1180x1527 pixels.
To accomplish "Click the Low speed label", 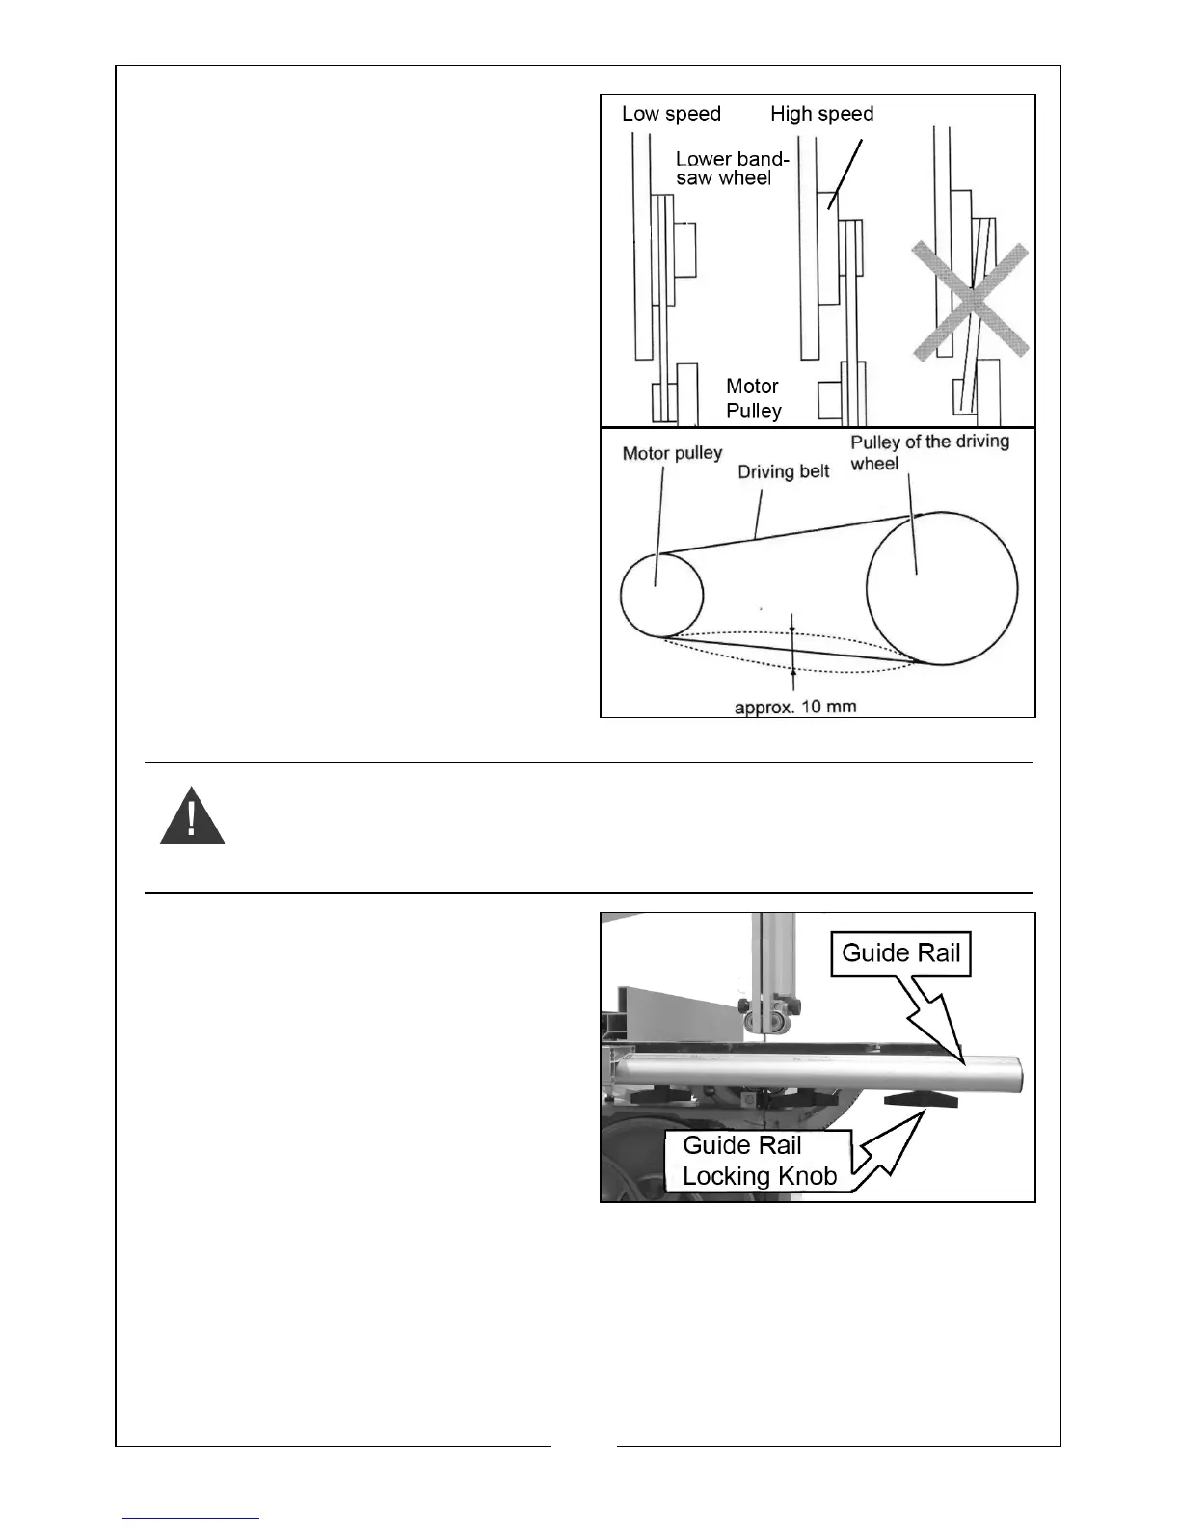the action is pos(671,114).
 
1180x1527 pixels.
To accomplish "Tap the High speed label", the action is pos(821,114).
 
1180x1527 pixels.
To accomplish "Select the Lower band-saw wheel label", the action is pos(732,168).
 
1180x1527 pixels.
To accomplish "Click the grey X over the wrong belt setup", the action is pos(971,302).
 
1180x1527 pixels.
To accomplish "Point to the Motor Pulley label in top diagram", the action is pos(753,398).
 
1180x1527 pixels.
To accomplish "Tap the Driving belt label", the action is pos(783,471).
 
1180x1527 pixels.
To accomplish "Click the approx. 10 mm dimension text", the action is pos(795,707).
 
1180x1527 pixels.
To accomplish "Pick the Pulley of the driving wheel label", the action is pos(928,452).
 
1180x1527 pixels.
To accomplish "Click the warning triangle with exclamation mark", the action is pos(192,817).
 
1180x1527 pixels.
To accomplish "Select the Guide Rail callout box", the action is pos(900,953).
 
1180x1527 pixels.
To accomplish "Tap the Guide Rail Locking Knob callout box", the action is pos(759,1161).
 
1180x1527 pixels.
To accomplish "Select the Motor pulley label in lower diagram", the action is pos(672,453).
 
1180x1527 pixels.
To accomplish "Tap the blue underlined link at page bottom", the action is pos(191,1517).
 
